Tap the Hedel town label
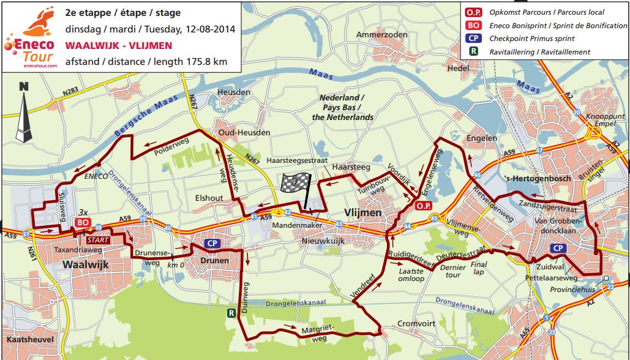457,69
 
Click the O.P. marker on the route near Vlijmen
424,206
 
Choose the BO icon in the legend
472,25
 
